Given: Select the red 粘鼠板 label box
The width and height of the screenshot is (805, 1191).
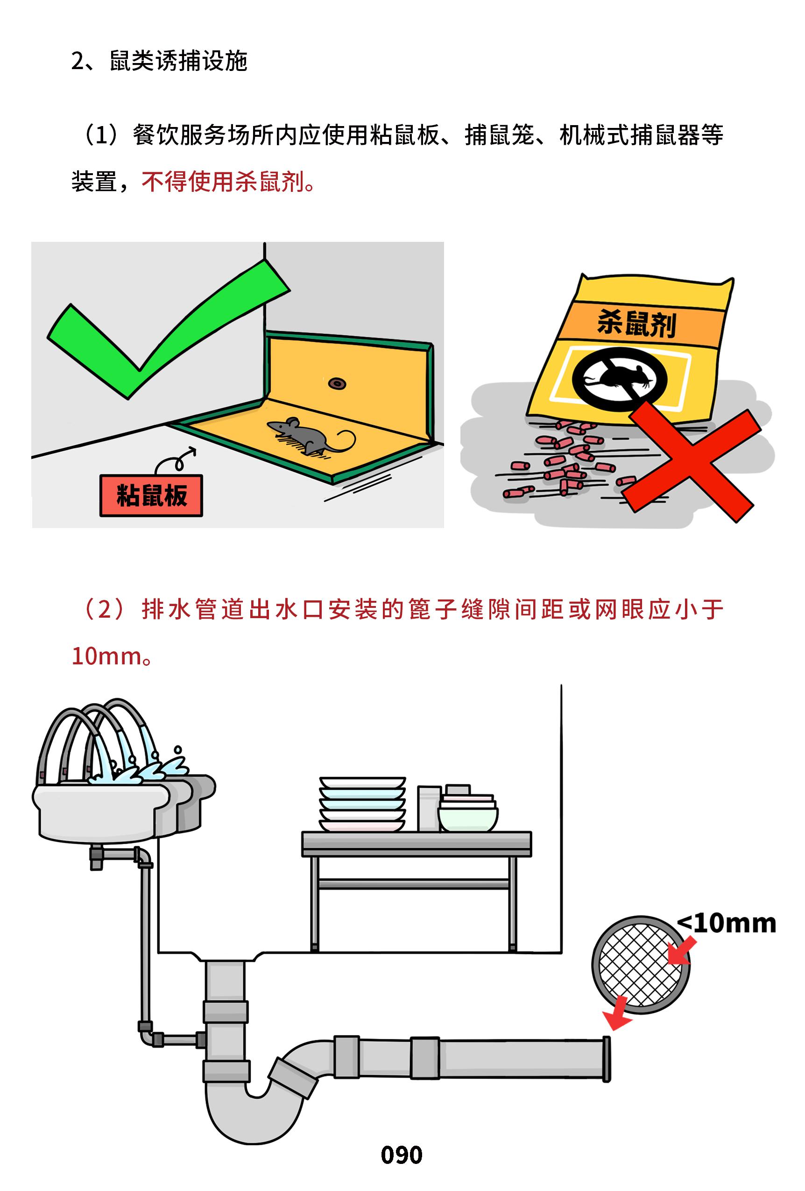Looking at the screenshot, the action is [151, 495].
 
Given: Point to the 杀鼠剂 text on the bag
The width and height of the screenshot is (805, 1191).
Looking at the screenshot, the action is [637, 324].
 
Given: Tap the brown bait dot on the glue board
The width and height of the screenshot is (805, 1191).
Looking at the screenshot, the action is [337, 382].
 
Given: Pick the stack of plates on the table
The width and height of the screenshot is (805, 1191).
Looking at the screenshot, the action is [363, 803].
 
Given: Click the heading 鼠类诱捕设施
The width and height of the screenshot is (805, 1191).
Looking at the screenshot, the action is [179, 61].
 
